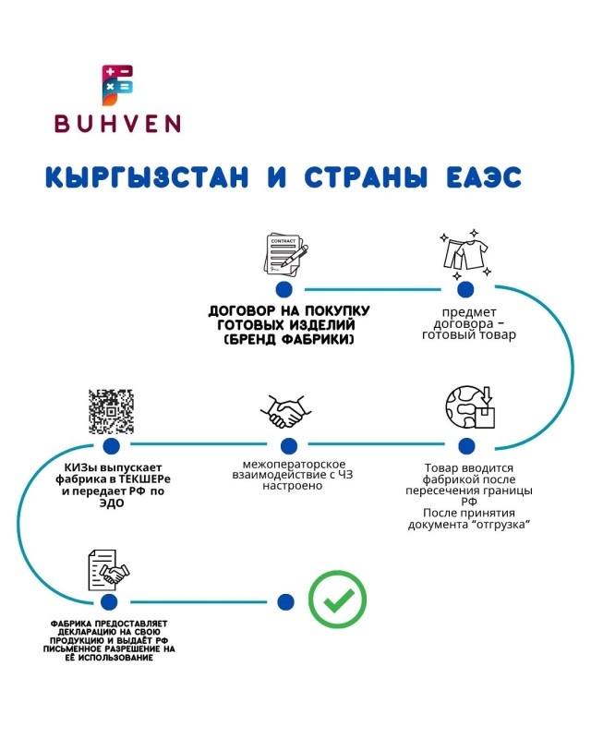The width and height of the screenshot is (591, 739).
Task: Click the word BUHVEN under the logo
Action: pyautogui.click(x=116, y=123)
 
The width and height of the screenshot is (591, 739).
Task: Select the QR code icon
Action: pyautogui.click(x=111, y=412)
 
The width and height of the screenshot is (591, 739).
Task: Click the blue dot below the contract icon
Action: pyautogui.click(x=284, y=290)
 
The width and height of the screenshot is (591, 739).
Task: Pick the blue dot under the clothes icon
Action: pyautogui.click(x=465, y=290)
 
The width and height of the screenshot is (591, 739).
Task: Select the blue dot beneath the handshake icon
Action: pyautogui.click(x=288, y=445)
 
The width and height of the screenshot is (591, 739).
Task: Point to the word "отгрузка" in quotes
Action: pyautogui.click(x=505, y=525)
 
